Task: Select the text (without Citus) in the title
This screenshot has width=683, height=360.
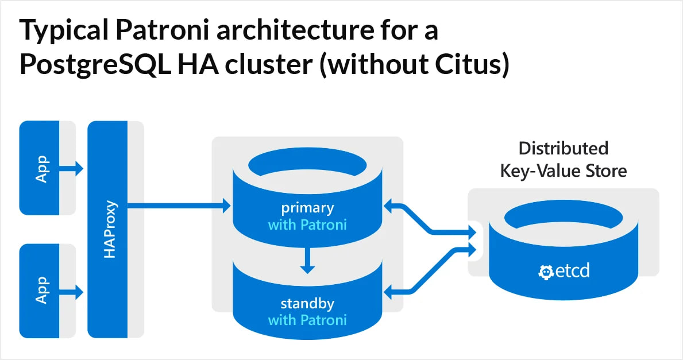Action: point(414,65)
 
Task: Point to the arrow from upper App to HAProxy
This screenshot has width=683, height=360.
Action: point(73,168)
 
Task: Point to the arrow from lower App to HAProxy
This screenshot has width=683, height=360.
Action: point(73,292)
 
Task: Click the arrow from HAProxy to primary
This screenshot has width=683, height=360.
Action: point(178,204)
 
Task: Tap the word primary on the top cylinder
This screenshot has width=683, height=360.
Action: point(307,207)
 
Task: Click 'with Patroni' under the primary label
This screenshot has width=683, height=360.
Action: point(307,224)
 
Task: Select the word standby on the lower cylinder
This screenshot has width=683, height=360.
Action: point(307,303)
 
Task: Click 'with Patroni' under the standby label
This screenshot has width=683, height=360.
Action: point(307,319)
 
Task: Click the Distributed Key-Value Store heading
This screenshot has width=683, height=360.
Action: point(563,160)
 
